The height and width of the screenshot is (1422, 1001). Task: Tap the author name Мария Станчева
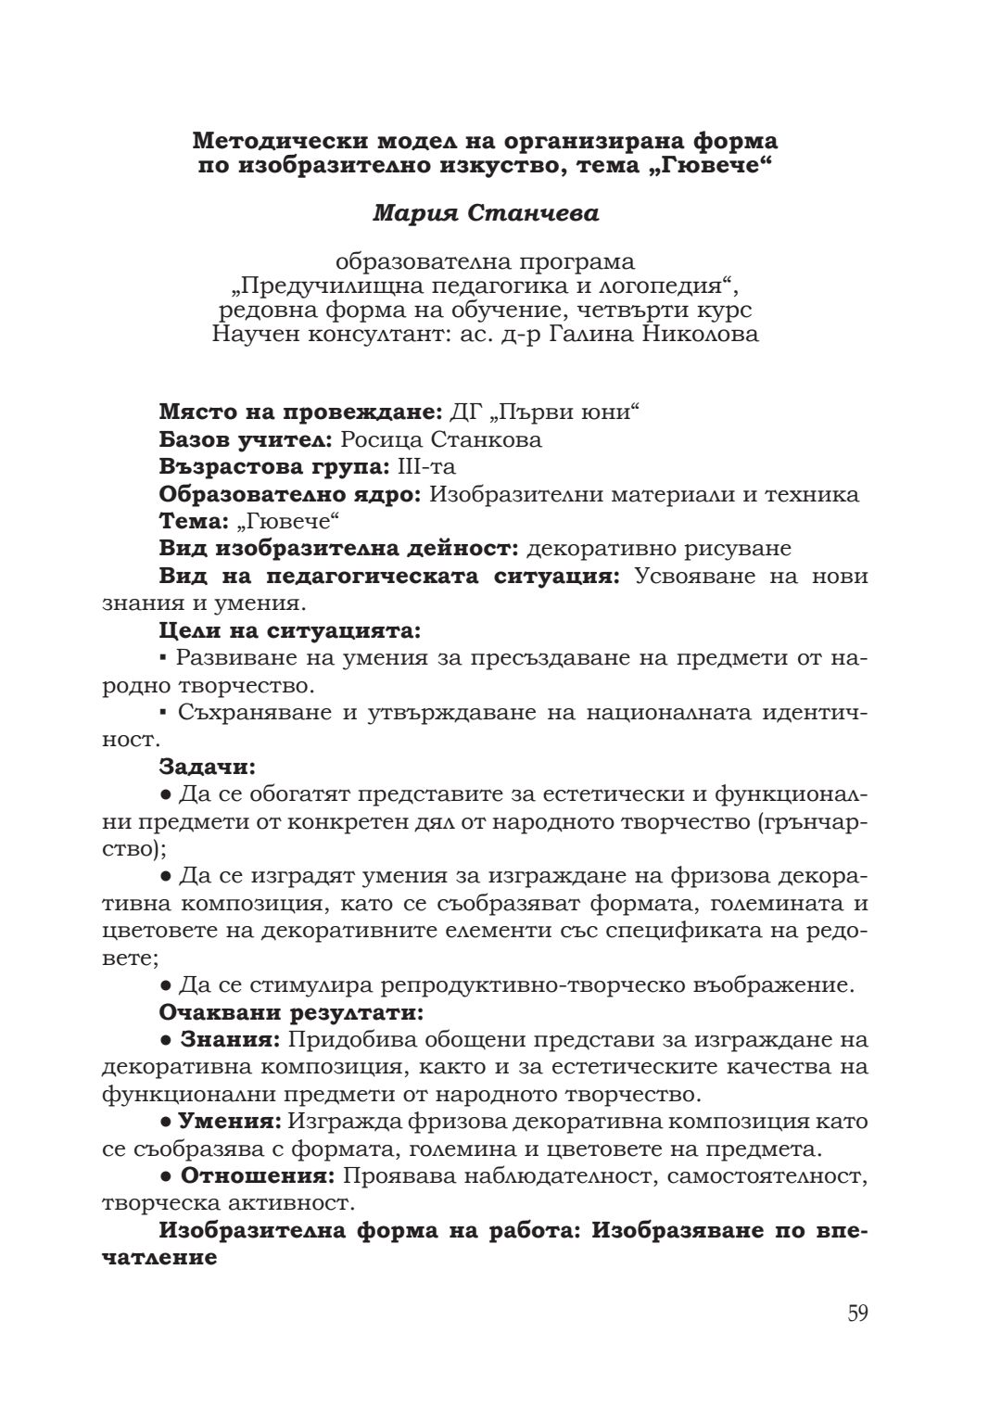pyautogui.click(x=486, y=213)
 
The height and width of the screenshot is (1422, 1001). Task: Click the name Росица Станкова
pyautogui.click(x=441, y=439)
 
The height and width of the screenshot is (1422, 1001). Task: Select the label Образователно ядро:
pyautogui.click(x=291, y=494)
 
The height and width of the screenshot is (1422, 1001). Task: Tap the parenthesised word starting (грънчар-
pyautogui.click(x=810, y=822)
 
